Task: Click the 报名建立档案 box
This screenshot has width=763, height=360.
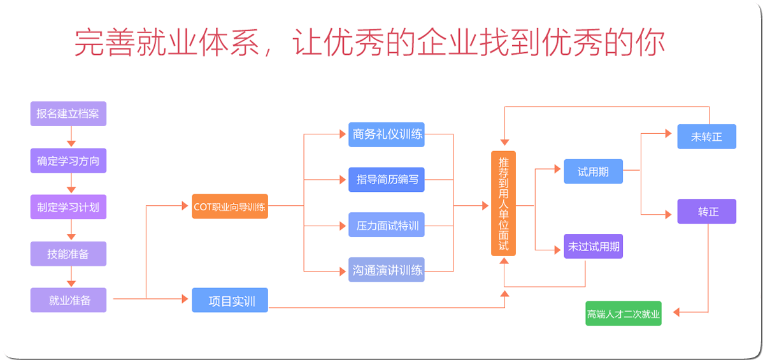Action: [x=68, y=114]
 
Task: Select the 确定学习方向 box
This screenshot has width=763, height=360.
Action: [x=68, y=161]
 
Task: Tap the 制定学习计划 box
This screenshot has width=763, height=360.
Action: [x=68, y=206]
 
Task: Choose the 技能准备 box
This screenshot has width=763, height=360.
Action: [x=68, y=254]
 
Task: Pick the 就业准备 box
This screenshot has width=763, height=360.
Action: [x=68, y=300]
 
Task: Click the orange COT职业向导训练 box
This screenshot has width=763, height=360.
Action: [x=230, y=206]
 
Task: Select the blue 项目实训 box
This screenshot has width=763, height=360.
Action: [x=230, y=300]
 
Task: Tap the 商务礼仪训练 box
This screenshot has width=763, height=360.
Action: [x=387, y=134]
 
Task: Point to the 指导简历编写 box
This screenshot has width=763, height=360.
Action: [x=387, y=179]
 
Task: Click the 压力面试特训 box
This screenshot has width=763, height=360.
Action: [x=387, y=225]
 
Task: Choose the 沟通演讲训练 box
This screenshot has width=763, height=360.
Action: [x=387, y=270]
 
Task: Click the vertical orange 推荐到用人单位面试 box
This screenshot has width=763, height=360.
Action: [x=504, y=204]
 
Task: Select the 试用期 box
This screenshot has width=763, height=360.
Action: [x=593, y=171]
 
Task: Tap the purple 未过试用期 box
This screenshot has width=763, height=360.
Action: [x=593, y=246]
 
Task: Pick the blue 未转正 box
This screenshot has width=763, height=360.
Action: [x=706, y=136]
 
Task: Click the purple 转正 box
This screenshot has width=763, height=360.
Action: [x=706, y=212]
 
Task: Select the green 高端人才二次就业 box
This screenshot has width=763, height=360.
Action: [x=624, y=313]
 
